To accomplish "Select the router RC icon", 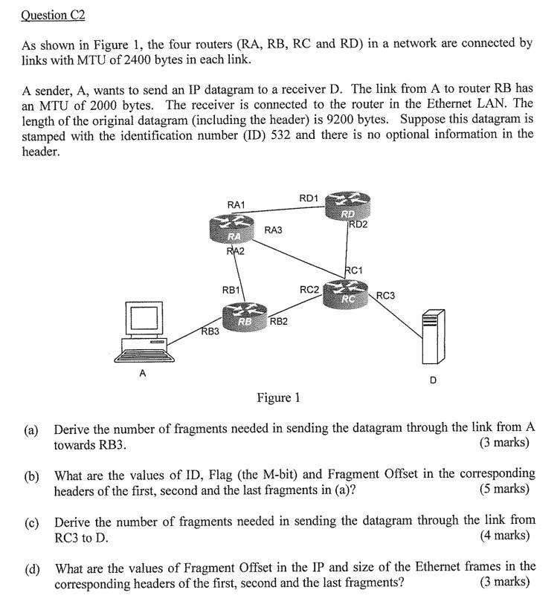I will pos(347,293).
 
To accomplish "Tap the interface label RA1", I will pos(236,204).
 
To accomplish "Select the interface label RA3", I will pos(274,230).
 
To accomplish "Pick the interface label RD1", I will pos(309,198).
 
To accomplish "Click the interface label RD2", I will pos(358,224).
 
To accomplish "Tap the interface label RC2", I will pos(309,288).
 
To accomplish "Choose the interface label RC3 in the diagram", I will pos(385,295).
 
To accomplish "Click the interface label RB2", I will pos(279,321).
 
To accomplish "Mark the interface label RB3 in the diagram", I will pos(210,331).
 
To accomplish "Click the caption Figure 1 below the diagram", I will pos(278,398).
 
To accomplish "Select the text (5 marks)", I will pos(505,488).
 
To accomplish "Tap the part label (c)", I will pos(30,521).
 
